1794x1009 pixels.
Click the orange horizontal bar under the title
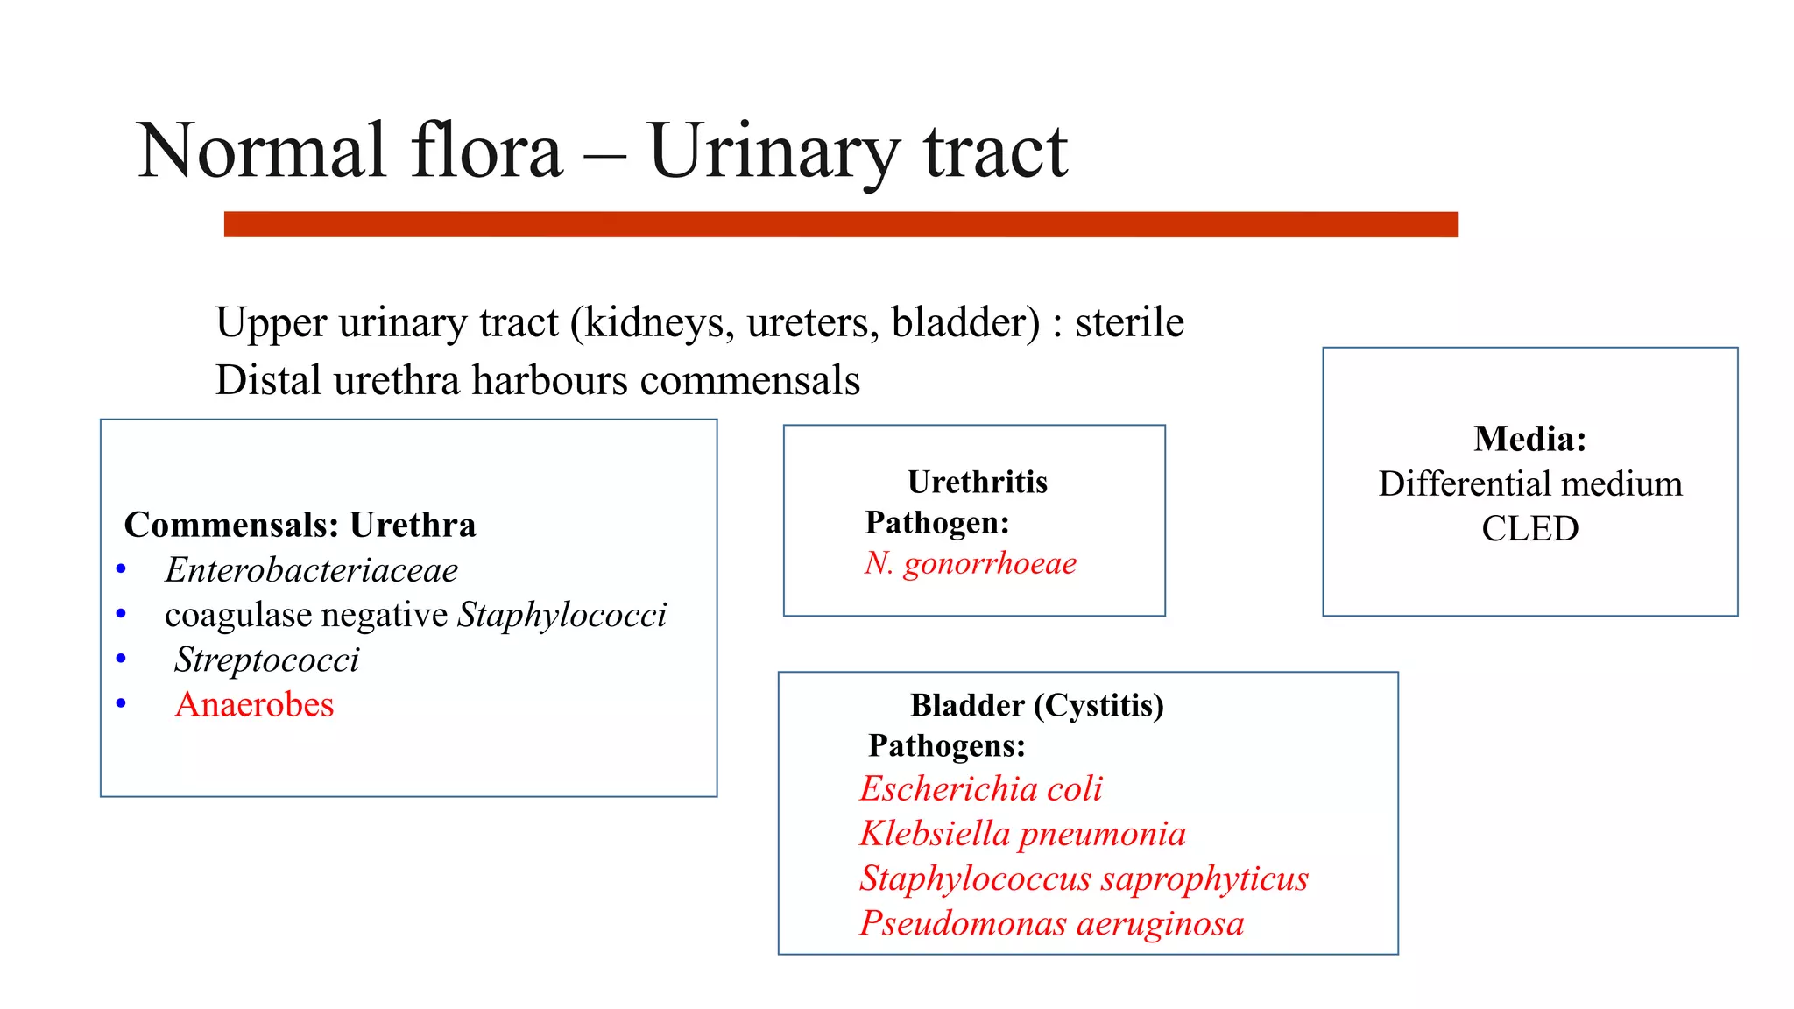(840, 224)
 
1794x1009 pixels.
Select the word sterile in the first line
(1129, 322)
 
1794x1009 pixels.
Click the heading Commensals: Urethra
(300, 525)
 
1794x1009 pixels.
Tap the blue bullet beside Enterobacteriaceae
(121, 570)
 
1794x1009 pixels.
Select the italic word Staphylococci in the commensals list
(562, 615)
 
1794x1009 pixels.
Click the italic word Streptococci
(266, 660)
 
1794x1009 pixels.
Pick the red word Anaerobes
(254, 704)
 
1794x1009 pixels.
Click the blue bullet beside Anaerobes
(121, 703)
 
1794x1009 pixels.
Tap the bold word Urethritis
(977, 482)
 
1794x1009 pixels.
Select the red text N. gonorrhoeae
(970, 563)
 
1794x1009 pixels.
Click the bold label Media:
(1529, 439)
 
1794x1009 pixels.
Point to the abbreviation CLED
(1529, 528)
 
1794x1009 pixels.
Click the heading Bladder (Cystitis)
(1036, 705)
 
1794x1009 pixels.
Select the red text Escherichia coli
(980, 789)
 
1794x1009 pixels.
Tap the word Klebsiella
(935, 834)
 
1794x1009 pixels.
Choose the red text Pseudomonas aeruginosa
(1051, 923)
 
